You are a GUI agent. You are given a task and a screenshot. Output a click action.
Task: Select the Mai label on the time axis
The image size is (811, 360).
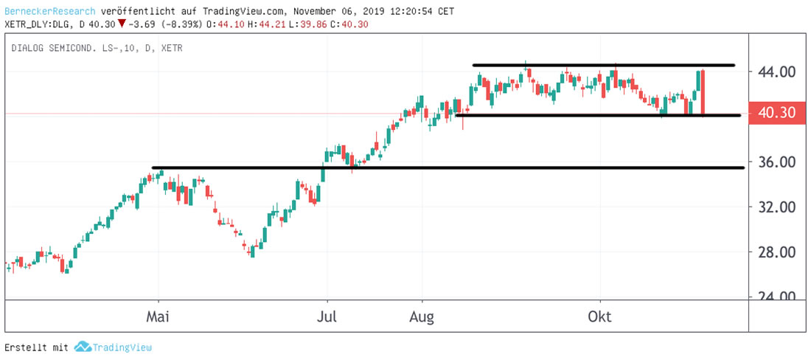[x=159, y=317]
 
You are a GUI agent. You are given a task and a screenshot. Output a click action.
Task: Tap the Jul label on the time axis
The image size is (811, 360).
[x=327, y=317]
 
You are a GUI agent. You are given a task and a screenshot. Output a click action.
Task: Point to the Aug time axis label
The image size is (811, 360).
[x=422, y=317]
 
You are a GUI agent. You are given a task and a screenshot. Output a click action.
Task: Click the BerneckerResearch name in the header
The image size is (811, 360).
[x=50, y=11]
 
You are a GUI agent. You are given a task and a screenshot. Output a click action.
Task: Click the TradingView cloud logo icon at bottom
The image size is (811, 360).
[x=82, y=346]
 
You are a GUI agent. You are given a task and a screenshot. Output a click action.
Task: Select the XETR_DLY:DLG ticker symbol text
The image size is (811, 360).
[x=38, y=24]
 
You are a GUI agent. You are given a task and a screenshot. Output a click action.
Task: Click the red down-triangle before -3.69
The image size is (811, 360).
[x=121, y=24]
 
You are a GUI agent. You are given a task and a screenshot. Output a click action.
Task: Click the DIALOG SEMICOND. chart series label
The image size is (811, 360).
[x=63, y=49]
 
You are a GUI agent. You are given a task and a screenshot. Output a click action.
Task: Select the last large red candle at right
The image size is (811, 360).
[x=703, y=92]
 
